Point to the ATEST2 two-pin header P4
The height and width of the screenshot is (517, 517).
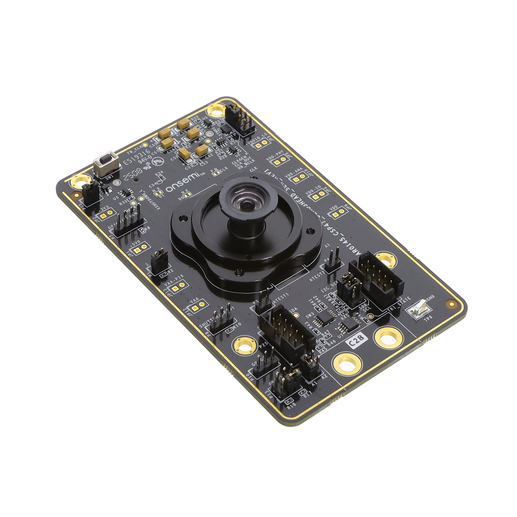coord(333,259)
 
